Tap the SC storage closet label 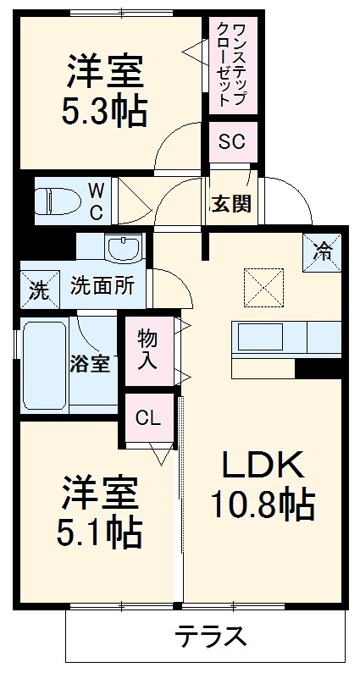pos(231,141)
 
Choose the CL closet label pos(148,417)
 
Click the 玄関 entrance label pos(230,204)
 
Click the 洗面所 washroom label pos(102,286)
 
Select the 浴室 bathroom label pos(90,364)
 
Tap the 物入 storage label pos(148,348)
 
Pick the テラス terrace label pos(211,635)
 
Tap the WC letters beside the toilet pos(97,201)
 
